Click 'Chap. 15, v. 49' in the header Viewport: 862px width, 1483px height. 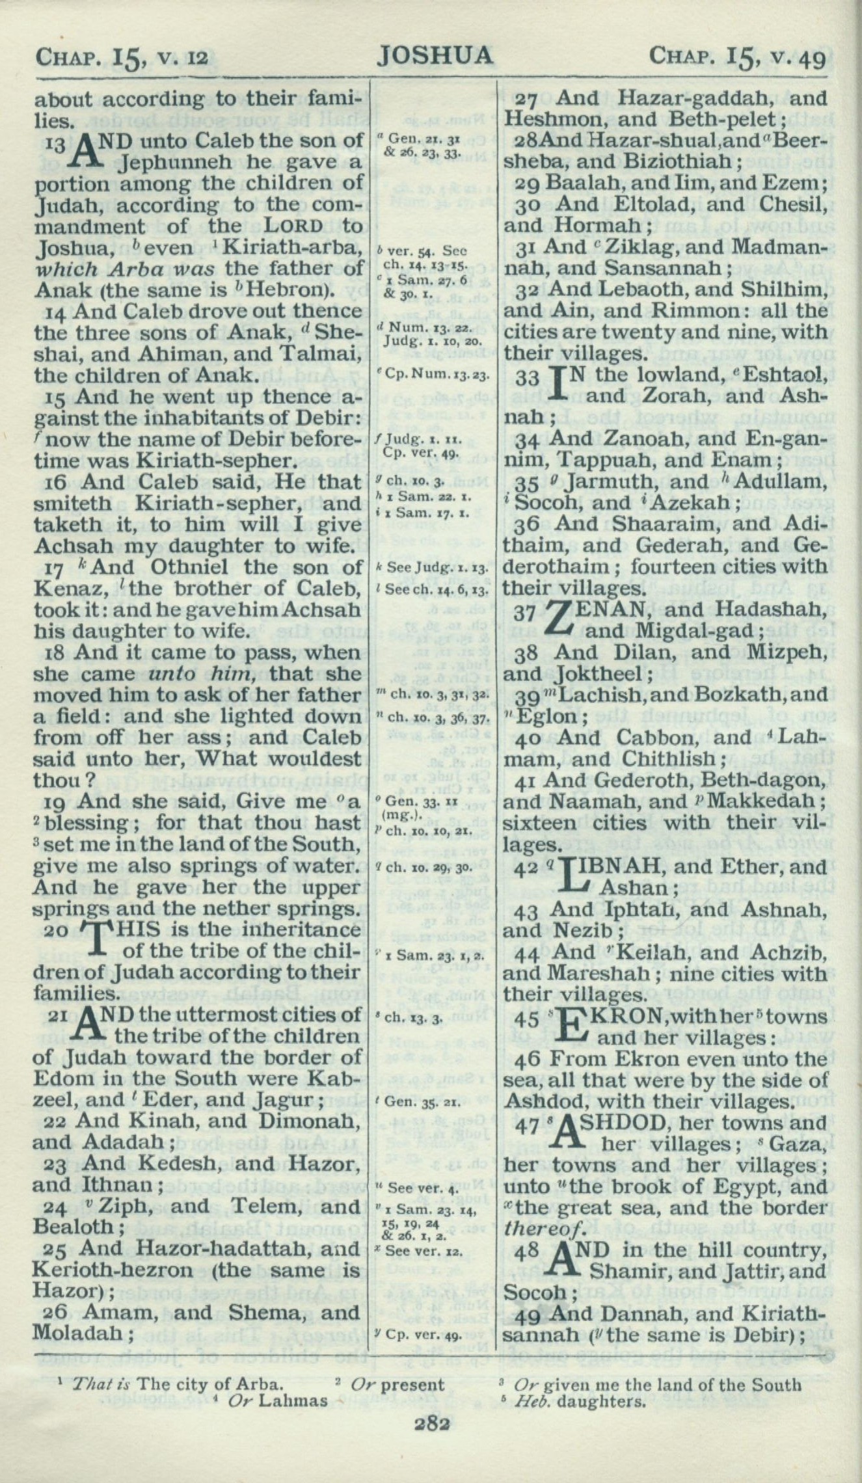tap(737, 59)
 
